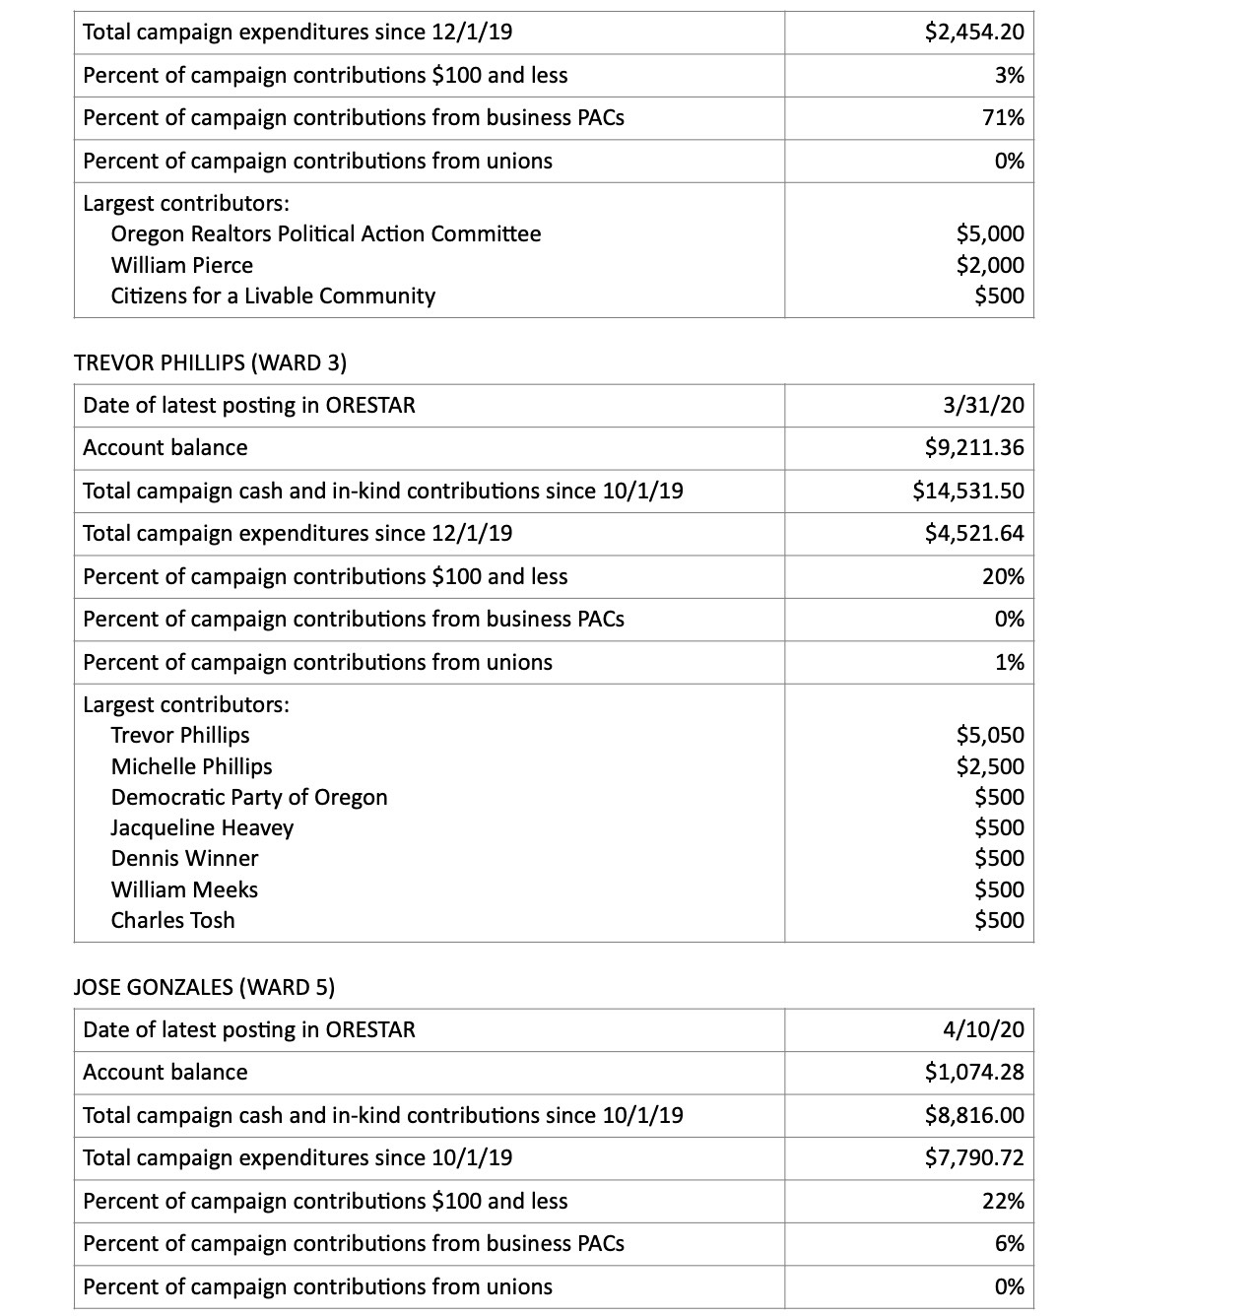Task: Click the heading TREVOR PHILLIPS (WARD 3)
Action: (x=210, y=362)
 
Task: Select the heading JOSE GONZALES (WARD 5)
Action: (x=204, y=987)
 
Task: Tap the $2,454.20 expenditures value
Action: (x=974, y=33)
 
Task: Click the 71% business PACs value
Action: (x=1003, y=118)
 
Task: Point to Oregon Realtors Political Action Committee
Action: (x=325, y=234)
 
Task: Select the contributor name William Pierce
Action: (x=181, y=265)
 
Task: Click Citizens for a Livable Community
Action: (x=273, y=296)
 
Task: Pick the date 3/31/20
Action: (x=983, y=405)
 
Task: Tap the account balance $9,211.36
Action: (x=974, y=448)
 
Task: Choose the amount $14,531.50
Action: (x=968, y=491)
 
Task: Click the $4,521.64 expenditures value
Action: (x=974, y=534)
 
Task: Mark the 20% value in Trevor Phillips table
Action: (x=1003, y=576)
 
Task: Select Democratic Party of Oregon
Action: (x=249, y=797)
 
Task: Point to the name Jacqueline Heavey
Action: (x=202, y=827)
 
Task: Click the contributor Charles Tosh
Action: (x=172, y=920)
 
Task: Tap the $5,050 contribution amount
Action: (x=990, y=736)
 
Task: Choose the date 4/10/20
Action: (x=983, y=1029)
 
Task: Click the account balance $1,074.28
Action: (x=974, y=1073)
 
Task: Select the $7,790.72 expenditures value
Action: (x=974, y=1158)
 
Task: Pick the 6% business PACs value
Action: (x=1009, y=1244)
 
